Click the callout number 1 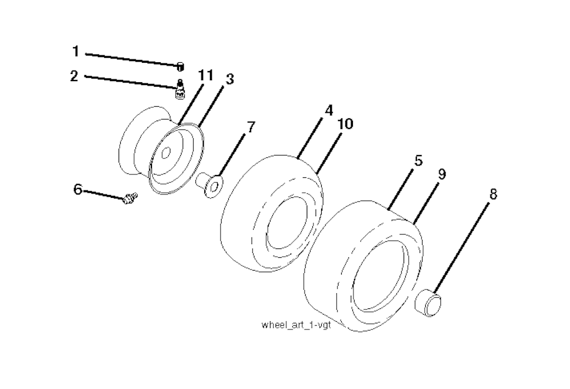[x=75, y=52]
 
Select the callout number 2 [x=74, y=76]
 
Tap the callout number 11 [x=205, y=76]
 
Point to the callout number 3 [x=229, y=79]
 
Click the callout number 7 [x=251, y=127]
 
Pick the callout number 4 [x=329, y=110]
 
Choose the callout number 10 [x=345, y=124]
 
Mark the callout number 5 [x=418, y=161]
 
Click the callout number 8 [x=493, y=194]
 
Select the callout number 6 [x=78, y=189]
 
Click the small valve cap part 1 [x=180, y=67]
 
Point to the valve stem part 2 [x=180, y=91]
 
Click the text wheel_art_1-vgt [x=296, y=325]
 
